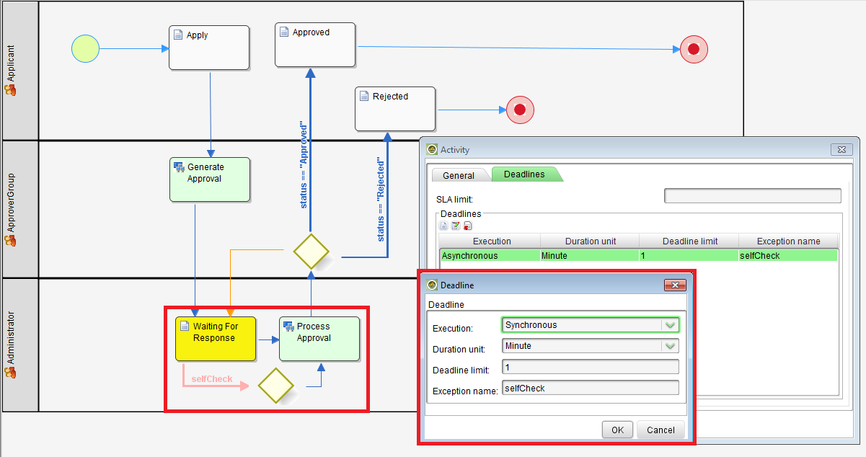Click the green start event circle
pos(85,49)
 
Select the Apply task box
pos(209,48)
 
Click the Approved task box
pos(315,45)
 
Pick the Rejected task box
pos(395,109)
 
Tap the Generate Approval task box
pos(210,179)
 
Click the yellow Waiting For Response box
pos(216,338)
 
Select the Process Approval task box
pos(319,338)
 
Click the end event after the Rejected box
pos(520,110)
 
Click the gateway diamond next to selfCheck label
pos(276,386)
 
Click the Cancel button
pos(660,430)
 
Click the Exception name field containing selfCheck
pos(590,389)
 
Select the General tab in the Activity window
pos(459,175)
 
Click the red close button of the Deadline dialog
pos(674,285)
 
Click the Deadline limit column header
pos(689,241)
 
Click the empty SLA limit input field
pos(752,196)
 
